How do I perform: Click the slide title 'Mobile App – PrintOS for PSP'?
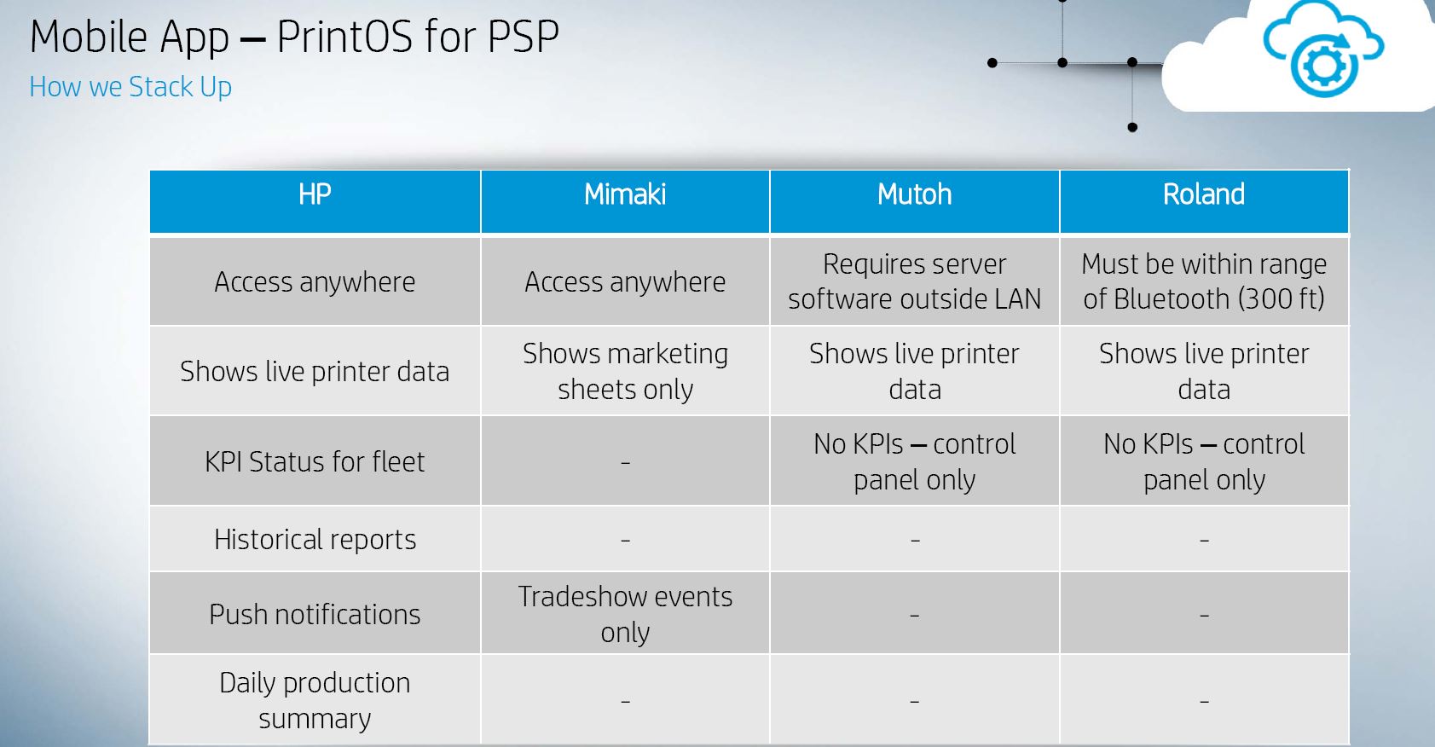pyautogui.click(x=294, y=37)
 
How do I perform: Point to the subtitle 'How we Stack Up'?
pyautogui.click(x=130, y=87)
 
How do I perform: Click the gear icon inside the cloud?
pyautogui.click(x=1324, y=66)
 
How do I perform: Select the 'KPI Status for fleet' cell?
pyautogui.click(x=315, y=461)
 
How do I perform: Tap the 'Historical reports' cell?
pyautogui.click(x=315, y=540)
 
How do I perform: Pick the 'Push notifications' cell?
pyautogui.click(x=315, y=614)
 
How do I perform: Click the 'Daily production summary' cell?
pyautogui.click(x=315, y=700)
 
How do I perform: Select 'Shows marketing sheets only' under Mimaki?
pyautogui.click(x=625, y=371)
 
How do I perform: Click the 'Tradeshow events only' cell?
pyautogui.click(x=625, y=614)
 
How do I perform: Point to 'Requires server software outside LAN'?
pyautogui.click(x=914, y=281)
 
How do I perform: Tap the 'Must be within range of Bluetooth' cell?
pyautogui.click(x=1204, y=281)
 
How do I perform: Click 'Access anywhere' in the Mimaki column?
pyautogui.click(x=625, y=282)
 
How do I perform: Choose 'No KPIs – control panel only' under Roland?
pyautogui.click(x=1204, y=461)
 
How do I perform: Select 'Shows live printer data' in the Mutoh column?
pyautogui.click(x=914, y=371)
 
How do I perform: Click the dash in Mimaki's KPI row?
pyautogui.click(x=625, y=462)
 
